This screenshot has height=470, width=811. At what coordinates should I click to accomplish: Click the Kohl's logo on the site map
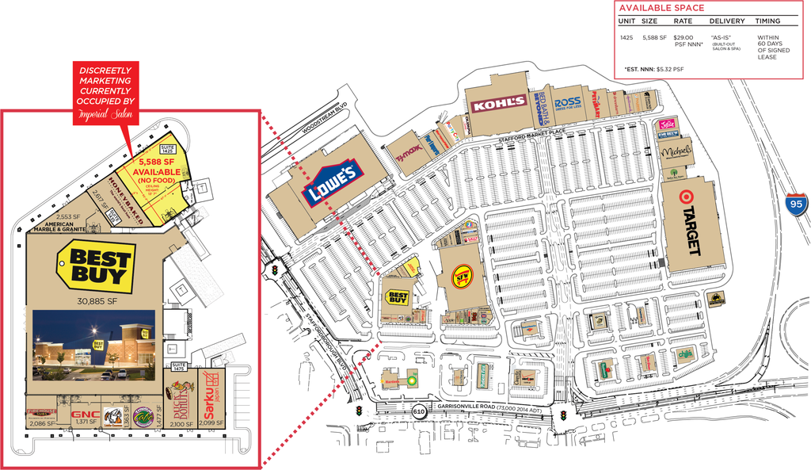tap(498, 103)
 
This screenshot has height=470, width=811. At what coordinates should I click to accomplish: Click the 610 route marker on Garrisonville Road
tap(419, 411)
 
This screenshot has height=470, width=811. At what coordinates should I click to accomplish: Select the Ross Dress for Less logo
tap(567, 103)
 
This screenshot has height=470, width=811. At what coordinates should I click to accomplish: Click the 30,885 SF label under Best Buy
tap(97, 301)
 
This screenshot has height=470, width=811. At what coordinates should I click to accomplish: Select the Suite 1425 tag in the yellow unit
tap(167, 147)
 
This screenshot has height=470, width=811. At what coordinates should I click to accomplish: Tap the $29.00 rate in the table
tap(683, 37)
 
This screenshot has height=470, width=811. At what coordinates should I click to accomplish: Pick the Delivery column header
tap(726, 21)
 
